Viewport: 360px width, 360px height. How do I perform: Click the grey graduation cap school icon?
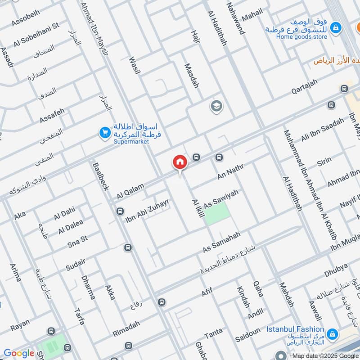click(x=216, y=106)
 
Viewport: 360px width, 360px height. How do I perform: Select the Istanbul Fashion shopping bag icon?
click(x=333, y=334)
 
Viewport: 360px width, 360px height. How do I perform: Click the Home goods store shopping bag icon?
click(x=335, y=28)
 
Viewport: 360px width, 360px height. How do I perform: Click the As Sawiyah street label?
click(x=221, y=198)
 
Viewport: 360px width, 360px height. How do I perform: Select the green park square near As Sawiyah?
click(x=217, y=213)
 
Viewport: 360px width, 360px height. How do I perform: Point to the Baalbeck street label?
click(x=100, y=175)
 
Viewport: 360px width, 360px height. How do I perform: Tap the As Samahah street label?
click(x=222, y=242)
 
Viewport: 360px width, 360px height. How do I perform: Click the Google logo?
click(x=18, y=353)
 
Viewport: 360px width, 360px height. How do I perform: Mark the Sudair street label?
click(x=63, y=261)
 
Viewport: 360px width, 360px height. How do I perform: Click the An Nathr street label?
click(x=230, y=172)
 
